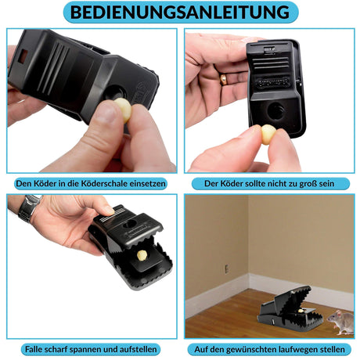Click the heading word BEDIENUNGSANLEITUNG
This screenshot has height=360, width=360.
180,12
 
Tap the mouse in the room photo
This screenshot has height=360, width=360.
340,322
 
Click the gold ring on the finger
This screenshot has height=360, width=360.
224,79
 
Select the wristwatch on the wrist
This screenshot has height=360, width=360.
29,207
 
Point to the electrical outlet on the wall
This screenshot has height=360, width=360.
227,268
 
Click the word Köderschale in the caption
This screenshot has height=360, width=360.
105,183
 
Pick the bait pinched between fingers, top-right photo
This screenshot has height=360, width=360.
268,135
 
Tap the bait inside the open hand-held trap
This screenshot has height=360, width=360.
142,255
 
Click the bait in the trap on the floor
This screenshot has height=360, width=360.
301,311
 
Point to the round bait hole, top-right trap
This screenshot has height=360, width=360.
276,110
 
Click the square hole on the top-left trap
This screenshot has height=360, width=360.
23,56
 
